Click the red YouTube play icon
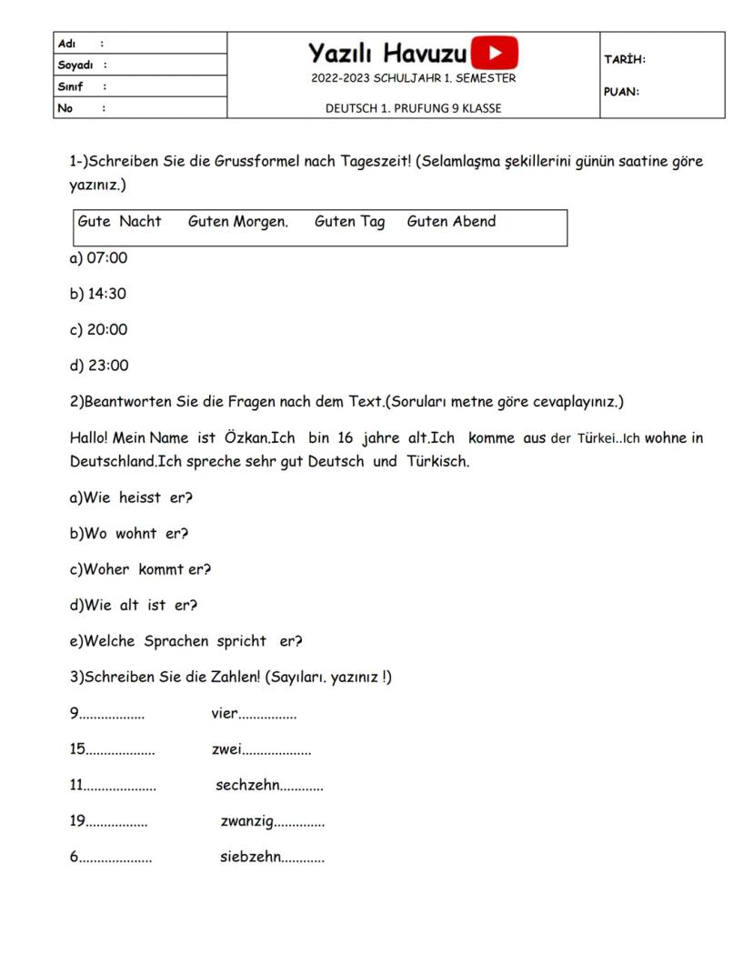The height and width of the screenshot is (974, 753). (495, 52)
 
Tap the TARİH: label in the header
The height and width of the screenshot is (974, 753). (625, 59)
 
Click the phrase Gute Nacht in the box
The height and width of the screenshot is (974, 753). (119, 221)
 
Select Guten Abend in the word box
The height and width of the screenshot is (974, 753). (451, 221)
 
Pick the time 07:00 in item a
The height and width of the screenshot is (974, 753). (107, 258)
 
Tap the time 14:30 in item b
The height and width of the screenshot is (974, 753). (107, 294)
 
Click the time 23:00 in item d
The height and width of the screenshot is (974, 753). (108, 366)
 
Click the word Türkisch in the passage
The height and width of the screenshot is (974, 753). (437, 461)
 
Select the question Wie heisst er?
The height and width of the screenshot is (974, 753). (131, 497)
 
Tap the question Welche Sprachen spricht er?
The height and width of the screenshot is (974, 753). (186, 641)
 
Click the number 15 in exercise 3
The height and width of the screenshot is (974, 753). (77, 749)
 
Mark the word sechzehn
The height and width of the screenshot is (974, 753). (246, 785)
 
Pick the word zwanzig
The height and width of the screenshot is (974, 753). (246, 821)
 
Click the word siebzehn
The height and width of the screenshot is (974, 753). (250, 857)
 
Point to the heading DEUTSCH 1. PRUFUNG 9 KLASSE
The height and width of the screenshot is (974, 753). (413, 108)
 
